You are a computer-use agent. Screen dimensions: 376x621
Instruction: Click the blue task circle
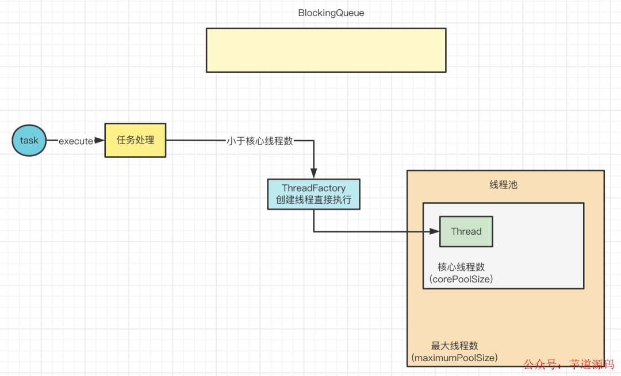point(29,141)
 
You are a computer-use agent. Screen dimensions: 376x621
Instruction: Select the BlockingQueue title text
point(331,13)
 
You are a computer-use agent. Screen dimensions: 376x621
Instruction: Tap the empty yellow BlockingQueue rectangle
point(326,50)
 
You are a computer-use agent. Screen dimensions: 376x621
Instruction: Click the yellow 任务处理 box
point(135,140)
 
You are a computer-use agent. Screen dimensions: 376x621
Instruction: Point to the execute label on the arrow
point(75,141)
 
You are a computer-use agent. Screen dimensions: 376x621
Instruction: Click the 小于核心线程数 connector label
point(260,141)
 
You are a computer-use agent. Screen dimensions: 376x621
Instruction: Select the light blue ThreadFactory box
point(313,194)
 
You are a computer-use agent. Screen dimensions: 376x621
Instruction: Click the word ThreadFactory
point(313,188)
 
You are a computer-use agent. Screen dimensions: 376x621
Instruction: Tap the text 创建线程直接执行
point(313,201)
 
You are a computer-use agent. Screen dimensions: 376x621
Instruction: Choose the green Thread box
point(466,231)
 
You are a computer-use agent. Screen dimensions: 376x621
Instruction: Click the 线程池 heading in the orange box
point(504,185)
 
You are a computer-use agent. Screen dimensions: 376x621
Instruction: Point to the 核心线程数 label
point(461,267)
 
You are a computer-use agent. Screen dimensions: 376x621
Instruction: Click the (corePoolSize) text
point(461,280)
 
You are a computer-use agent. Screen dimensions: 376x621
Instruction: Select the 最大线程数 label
point(454,346)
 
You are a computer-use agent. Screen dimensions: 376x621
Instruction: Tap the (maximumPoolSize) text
point(454,358)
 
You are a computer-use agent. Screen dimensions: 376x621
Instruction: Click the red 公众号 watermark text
point(542,365)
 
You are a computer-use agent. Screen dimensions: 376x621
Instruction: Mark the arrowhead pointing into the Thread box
point(435,232)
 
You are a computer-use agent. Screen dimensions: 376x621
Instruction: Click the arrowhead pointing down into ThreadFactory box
point(313,173)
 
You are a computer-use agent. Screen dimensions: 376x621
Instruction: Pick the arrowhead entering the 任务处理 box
point(99,141)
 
